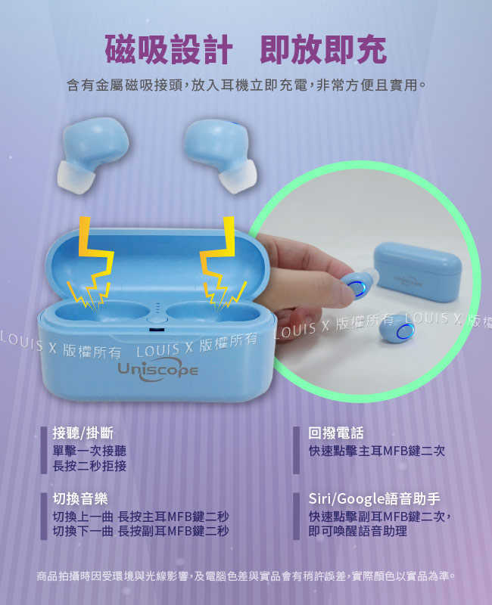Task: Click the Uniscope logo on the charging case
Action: point(158,369)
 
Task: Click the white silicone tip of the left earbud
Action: point(76,177)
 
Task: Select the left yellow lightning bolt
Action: point(91,263)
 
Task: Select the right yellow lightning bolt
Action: point(222,263)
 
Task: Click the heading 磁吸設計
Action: point(168,49)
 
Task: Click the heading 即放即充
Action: point(323,49)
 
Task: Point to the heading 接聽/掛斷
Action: point(83,433)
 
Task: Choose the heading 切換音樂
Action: point(80,498)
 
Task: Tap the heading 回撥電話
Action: point(336,433)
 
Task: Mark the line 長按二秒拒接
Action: point(89,466)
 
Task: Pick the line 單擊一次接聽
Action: point(89,451)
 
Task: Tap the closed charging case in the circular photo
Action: point(418,271)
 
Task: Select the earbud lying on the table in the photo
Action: point(398,330)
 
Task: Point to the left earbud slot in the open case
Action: point(102,312)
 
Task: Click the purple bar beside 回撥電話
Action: point(296,450)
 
